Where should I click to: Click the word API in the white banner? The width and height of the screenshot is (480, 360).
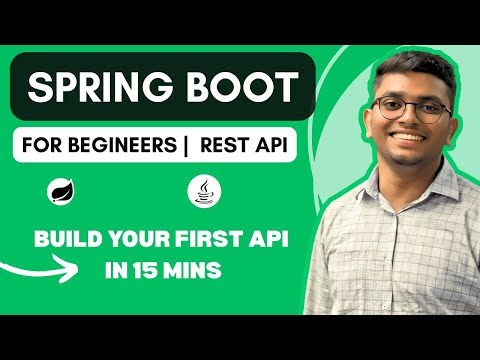pos(275,146)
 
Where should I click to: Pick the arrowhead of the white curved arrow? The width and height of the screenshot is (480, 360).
pos(69,270)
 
